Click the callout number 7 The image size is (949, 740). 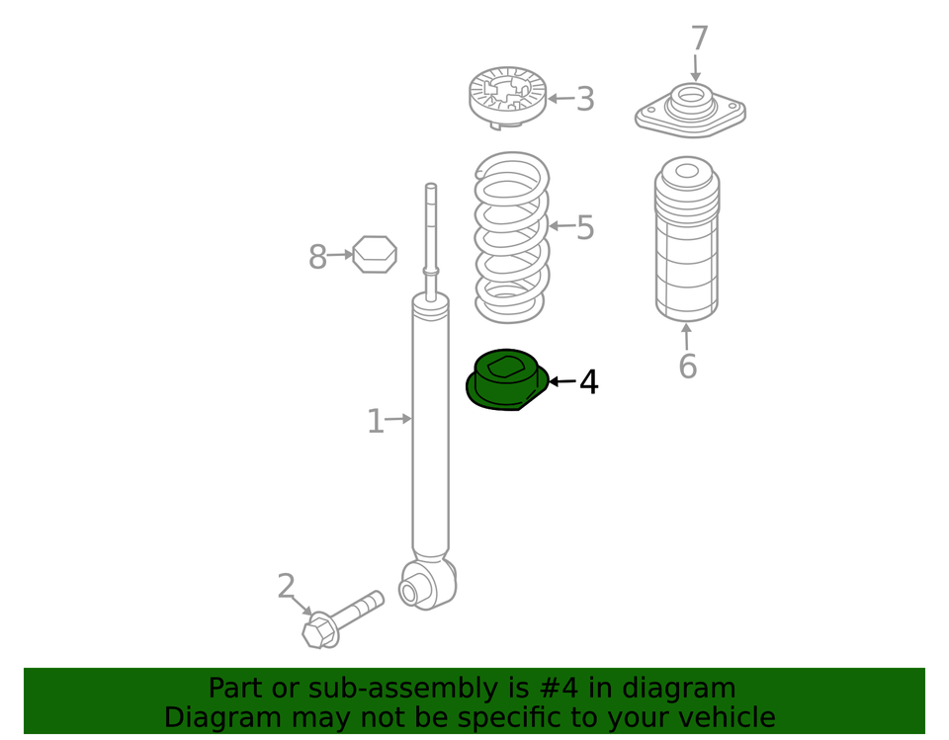(699, 39)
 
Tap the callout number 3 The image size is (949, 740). (585, 99)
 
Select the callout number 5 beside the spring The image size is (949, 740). (585, 228)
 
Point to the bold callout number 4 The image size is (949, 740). (589, 381)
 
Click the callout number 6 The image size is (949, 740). (688, 367)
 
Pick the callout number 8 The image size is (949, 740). (317, 257)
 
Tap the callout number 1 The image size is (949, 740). (376, 421)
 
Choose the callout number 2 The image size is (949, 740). (286, 586)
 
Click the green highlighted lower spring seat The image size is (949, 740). (506, 379)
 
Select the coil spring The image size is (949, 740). (512, 237)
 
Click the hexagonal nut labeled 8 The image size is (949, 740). (375, 254)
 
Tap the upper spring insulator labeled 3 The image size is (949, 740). (508, 98)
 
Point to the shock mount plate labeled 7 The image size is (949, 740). (690, 111)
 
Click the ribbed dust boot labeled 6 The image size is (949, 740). (687, 239)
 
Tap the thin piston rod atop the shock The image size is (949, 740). (431, 241)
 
